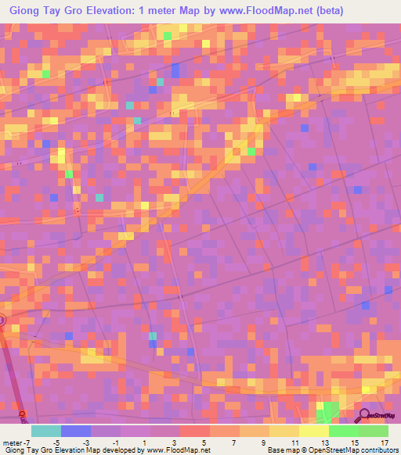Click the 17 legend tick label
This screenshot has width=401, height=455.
coord(383,442)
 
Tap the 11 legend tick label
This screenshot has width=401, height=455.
coord(294,442)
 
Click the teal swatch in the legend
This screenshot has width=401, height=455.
coord(45,431)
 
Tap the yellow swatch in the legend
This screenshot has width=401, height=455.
coord(314,431)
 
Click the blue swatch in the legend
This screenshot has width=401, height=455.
coord(75,431)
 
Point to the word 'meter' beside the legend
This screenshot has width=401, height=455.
coord(11,442)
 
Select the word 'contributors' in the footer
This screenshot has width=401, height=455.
coord(379,450)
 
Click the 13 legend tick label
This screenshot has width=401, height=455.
coord(324,442)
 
